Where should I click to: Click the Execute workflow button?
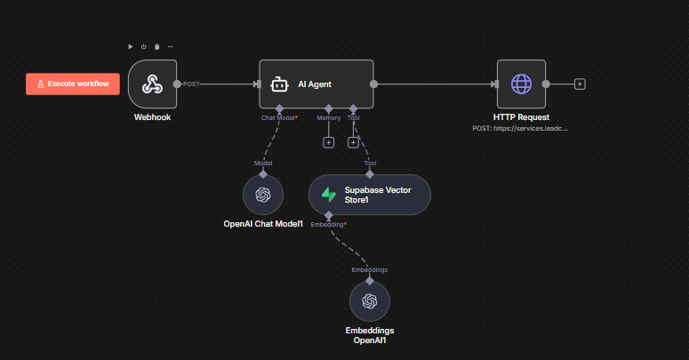point(73,84)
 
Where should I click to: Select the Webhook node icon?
point(153,84)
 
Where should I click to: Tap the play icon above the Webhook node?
point(131,46)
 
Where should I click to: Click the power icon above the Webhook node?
point(144,46)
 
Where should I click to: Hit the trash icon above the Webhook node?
point(156,46)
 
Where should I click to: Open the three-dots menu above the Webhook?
point(171,46)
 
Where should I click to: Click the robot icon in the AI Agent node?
point(279,84)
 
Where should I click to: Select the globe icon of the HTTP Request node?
point(521,84)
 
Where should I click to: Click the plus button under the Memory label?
point(329,142)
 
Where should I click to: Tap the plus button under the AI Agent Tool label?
point(353,142)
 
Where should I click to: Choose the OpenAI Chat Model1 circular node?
point(263,195)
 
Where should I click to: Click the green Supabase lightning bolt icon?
point(329,195)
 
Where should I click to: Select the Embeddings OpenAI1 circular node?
point(370,301)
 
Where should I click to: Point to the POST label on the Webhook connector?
point(191,84)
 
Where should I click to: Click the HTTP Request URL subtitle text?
point(520,128)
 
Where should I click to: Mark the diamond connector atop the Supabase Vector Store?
point(370,174)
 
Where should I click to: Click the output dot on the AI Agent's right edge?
point(373,84)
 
